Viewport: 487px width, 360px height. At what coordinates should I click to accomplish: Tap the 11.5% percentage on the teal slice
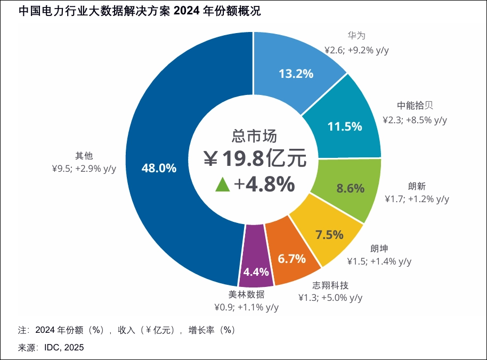[345, 126]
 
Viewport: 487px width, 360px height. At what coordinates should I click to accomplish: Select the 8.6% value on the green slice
[351, 188]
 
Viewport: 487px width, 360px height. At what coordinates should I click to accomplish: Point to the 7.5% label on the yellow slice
[329, 234]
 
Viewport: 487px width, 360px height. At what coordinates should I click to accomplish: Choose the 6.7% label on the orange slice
[292, 259]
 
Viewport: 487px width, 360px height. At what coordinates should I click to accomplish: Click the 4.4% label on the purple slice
[256, 271]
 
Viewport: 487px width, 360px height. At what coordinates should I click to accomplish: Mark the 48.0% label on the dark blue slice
[159, 168]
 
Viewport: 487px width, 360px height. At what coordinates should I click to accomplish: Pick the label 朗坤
[378, 248]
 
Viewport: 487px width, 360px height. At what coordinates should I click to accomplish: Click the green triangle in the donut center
[223, 185]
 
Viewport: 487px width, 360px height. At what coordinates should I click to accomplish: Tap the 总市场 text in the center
[254, 135]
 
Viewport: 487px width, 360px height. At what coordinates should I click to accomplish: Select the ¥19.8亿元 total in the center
[255, 158]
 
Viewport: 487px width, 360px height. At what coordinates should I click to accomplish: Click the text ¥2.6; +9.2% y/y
[356, 50]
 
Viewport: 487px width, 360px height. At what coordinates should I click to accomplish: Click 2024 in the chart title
[190, 11]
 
